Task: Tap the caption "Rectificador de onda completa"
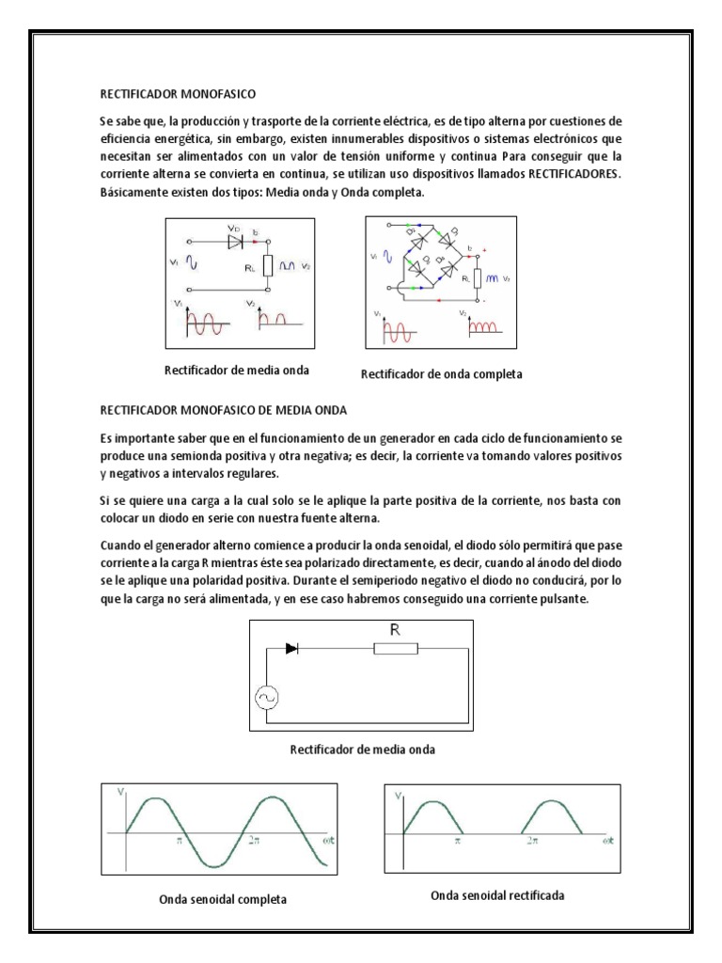pyautogui.click(x=441, y=374)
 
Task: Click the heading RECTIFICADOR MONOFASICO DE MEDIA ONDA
pyautogui.click(x=224, y=411)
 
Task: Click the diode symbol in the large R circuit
pyautogui.click(x=291, y=649)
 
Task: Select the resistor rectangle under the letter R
pyautogui.click(x=396, y=649)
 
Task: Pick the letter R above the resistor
pyautogui.click(x=396, y=631)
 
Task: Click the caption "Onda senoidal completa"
pyautogui.click(x=222, y=899)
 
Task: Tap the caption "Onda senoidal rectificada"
pyautogui.click(x=497, y=895)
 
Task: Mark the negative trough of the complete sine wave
pyautogui.click(x=214, y=865)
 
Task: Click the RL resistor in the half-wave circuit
pyautogui.click(x=267, y=267)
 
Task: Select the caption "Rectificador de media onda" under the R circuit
pyautogui.click(x=362, y=750)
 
